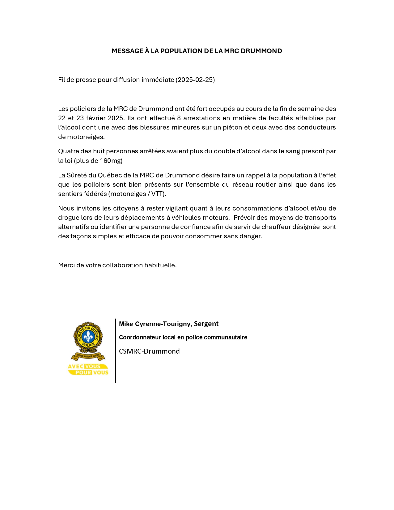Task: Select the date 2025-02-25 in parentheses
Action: click(195, 80)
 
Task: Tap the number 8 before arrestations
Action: click(179, 118)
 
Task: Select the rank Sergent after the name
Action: click(206, 324)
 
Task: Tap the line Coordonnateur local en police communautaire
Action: click(183, 338)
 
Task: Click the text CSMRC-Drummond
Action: click(149, 351)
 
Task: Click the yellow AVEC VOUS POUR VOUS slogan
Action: click(88, 370)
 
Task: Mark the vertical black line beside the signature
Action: click(115, 351)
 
